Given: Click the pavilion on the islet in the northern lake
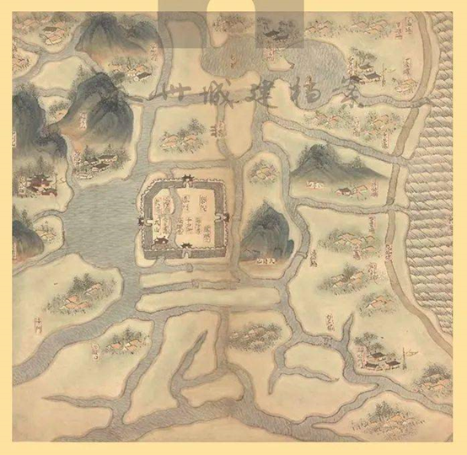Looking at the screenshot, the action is pos(274,33).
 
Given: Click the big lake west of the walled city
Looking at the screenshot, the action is pos(93,227).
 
